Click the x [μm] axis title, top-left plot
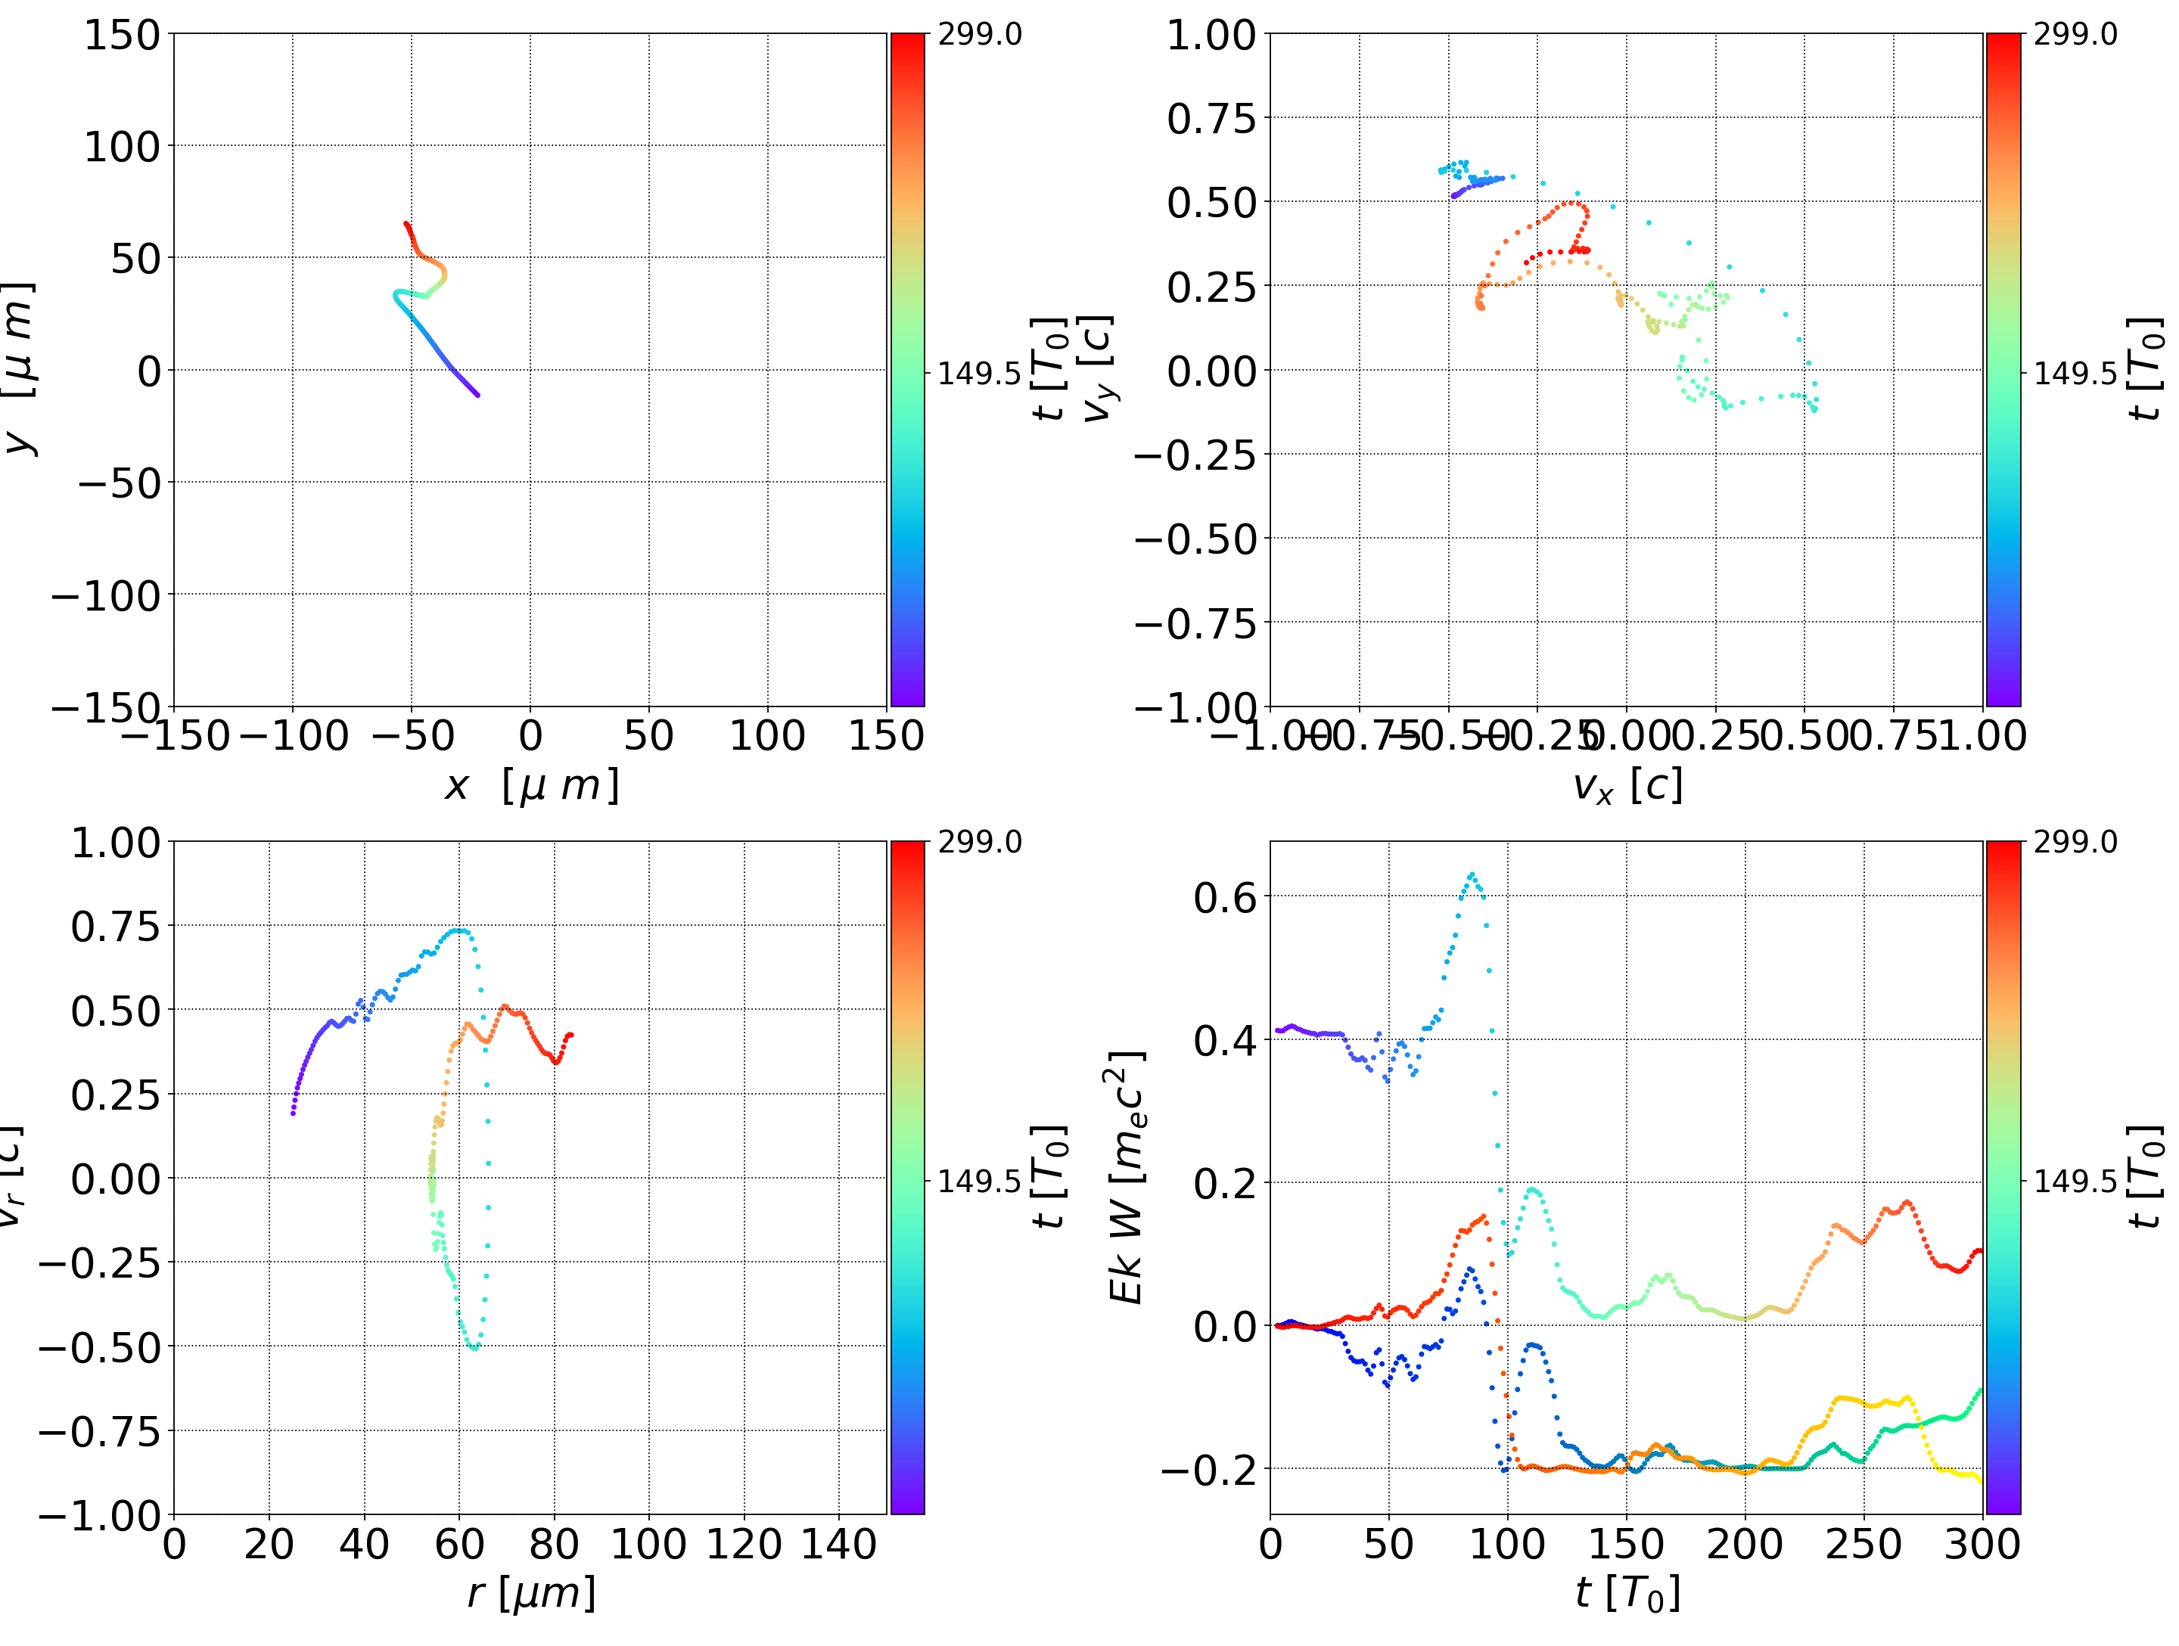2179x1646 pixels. point(531,786)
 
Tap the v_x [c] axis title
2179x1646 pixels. point(1627,786)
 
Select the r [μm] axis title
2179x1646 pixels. point(531,1593)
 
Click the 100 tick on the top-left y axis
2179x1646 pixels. point(121,147)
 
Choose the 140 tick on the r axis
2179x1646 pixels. point(838,1544)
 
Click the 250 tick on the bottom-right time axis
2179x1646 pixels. point(1863,1544)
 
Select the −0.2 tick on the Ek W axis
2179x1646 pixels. point(1210,1470)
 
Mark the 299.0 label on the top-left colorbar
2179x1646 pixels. point(979,35)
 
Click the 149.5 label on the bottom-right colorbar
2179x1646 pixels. point(2075,1180)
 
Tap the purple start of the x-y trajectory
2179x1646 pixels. point(477,395)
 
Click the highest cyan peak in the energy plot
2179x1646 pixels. point(1472,874)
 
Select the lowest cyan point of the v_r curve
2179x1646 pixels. point(475,1347)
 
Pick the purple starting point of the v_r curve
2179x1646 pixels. point(293,1113)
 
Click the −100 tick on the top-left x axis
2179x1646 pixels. point(294,736)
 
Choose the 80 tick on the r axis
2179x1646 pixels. point(554,1544)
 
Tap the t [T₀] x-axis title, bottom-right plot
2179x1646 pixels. point(1627,1593)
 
